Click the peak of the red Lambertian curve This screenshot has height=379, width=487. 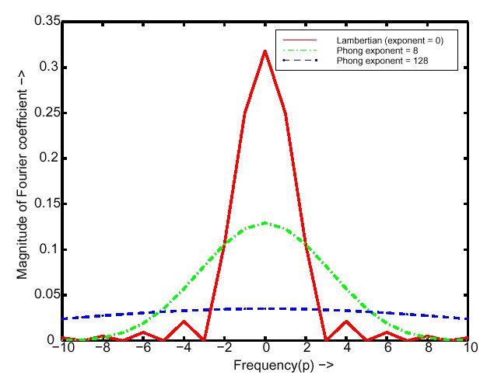coord(265,51)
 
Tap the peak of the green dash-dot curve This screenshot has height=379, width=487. coord(265,223)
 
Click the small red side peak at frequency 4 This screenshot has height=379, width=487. coord(347,321)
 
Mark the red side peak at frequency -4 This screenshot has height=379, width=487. coord(184,321)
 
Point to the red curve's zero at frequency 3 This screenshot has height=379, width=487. coord(327,339)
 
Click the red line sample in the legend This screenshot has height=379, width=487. coord(300,39)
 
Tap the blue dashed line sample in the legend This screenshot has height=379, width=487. coord(300,60)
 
